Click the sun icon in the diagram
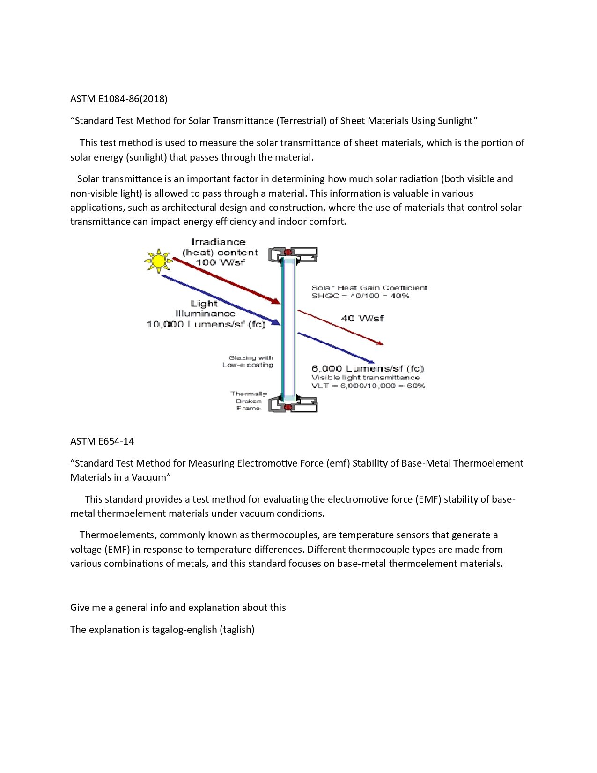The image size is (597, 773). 158,260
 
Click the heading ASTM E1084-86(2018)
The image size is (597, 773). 119,99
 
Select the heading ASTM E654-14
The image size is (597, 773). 102,441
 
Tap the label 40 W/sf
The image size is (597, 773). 362,319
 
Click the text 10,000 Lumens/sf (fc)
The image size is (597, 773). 206,324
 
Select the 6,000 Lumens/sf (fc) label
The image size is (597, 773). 368,369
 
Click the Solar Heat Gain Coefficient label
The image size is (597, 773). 369,288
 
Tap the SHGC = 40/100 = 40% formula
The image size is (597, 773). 361,296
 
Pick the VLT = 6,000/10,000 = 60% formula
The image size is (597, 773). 368,386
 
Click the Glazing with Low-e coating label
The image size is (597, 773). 248,361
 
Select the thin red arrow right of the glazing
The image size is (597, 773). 340,327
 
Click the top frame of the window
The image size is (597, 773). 293,255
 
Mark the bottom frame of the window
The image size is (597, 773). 293,404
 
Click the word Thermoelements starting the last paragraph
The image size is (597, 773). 117,535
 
